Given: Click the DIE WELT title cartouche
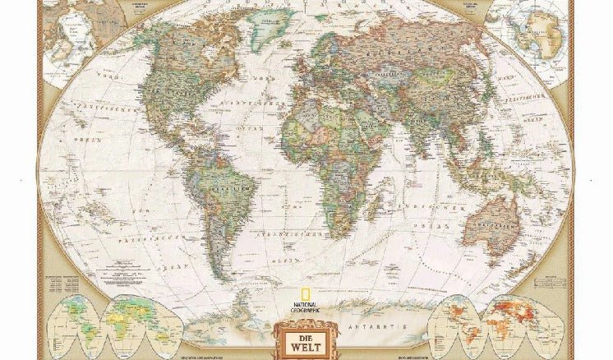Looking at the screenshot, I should point(306,339).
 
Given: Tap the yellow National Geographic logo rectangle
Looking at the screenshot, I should point(306,298).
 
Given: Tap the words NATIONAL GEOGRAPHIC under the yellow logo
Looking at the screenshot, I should point(306,310).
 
